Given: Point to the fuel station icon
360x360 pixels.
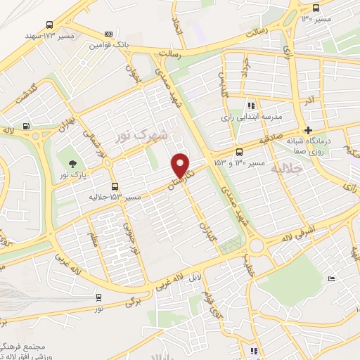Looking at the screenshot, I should point(27,127).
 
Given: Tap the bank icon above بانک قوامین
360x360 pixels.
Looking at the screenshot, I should point(108,33).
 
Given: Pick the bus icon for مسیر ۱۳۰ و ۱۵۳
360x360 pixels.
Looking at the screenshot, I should point(240,151).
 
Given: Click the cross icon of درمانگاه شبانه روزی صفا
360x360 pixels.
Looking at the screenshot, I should point(308,130).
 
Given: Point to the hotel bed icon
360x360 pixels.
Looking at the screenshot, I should point(331,278).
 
